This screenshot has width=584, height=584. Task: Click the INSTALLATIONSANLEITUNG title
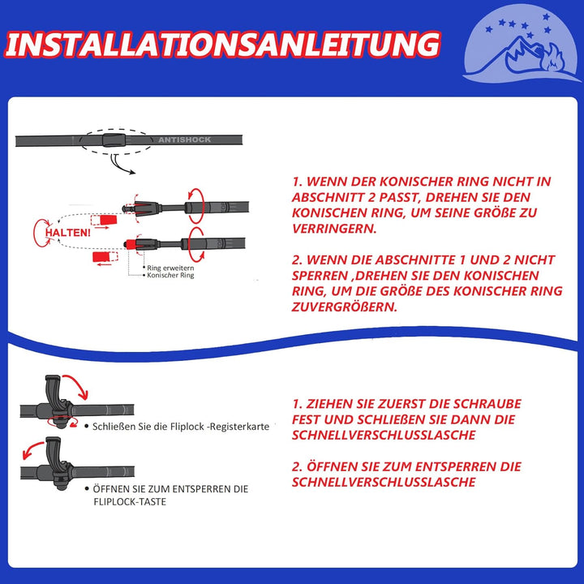(222, 45)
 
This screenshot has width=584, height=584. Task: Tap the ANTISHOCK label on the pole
(185, 140)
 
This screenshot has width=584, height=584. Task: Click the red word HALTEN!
(68, 233)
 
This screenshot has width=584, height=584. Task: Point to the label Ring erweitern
(170, 268)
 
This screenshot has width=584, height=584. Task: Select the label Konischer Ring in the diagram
(170, 275)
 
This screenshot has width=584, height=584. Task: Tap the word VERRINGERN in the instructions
(333, 229)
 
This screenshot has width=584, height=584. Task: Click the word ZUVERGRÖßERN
(344, 307)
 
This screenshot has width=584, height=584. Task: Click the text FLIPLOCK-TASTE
(130, 502)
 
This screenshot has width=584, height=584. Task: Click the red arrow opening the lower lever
(32, 449)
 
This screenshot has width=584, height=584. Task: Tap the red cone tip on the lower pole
(131, 244)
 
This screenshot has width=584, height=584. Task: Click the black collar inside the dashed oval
(113, 140)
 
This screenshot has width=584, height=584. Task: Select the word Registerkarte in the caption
(239, 427)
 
